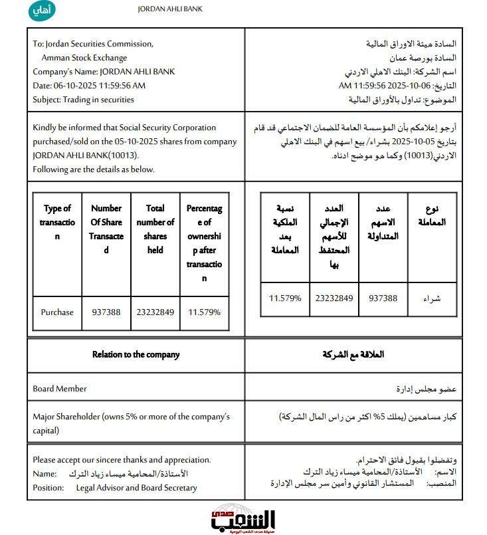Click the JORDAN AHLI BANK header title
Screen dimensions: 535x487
coord(170,9)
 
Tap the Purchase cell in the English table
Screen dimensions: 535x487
coord(57,312)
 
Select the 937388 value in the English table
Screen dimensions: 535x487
coord(106,312)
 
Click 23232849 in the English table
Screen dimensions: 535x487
coord(155,312)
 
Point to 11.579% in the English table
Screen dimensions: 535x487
coord(204,312)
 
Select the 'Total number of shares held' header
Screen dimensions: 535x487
coord(155,229)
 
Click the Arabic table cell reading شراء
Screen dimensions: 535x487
coord(431,298)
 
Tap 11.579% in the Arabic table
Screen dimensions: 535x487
coord(285,298)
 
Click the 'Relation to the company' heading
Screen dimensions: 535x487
coord(136,354)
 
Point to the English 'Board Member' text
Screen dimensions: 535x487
coord(60,388)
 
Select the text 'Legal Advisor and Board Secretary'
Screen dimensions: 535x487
coord(136,488)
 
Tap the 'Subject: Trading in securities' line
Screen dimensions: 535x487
coord(83,100)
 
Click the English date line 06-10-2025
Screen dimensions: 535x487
coord(89,86)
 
